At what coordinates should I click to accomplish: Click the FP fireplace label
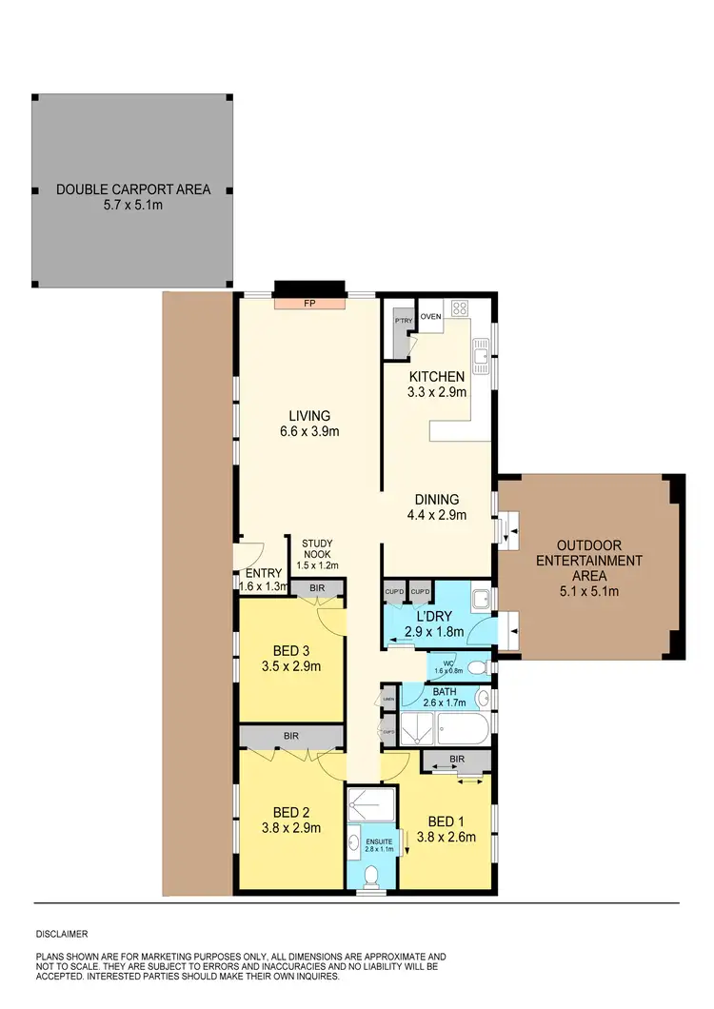click(309, 304)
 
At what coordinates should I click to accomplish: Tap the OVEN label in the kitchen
click(431, 316)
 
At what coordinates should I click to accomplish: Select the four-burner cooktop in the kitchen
click(461, 308)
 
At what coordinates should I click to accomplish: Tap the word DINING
click(437, 499)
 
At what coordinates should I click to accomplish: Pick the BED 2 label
click(291, 812)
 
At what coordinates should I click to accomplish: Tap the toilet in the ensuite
click(373, 873)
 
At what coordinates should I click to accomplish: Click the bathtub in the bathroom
click(463, 730)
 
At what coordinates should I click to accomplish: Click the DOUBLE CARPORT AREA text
click(133, 188)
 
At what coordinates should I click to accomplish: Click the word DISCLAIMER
click(62, 934)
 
